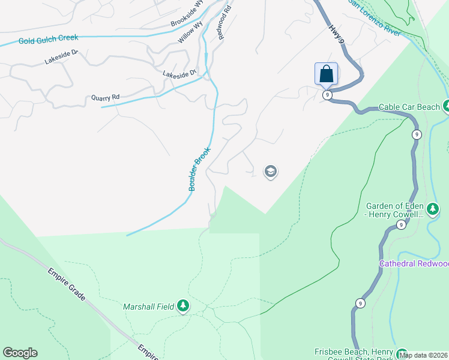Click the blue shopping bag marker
click(326, 74)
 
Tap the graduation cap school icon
click(270, 172)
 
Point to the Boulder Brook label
click(199, 169)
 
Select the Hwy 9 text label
click(337, 34)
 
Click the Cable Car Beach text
click(409, 107)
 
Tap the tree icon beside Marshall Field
click(183, 307)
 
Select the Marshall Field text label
click(149, 307)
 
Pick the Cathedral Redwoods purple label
click(414, 264)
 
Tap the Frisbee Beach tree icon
click(402, 355)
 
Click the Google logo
click(20, 353)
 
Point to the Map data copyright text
click(424, 355)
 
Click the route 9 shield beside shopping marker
click(327, 95)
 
